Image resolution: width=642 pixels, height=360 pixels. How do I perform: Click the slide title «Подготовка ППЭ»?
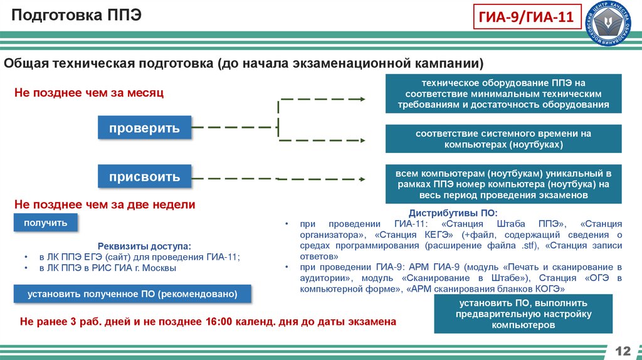[75, 14]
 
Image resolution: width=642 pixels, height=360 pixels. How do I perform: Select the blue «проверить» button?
[144, 128]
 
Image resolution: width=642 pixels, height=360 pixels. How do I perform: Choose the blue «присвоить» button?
[144, 177]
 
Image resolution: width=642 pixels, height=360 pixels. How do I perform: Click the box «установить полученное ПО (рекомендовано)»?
[132, 294]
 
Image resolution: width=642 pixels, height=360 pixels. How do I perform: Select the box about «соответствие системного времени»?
[503, 139]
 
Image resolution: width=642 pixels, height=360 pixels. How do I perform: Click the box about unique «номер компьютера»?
[503, 184]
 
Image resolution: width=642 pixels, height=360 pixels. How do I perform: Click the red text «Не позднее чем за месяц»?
[88, 93]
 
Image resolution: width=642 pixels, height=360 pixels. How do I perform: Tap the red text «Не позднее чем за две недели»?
[105, 204]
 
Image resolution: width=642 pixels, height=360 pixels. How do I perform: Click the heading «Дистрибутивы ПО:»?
[453, 213]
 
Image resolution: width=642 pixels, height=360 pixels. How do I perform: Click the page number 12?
[623, 349]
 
